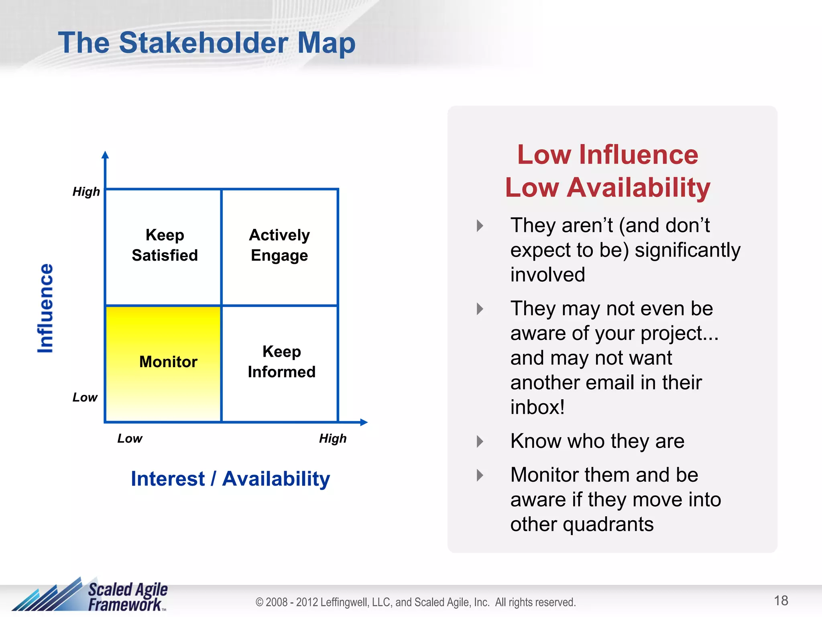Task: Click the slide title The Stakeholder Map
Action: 207,43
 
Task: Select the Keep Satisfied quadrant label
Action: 165,245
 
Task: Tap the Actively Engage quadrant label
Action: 279,245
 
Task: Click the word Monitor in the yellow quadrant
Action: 168,362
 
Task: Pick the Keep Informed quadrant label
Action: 281,362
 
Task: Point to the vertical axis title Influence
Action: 45,308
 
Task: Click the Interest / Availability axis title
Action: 230,479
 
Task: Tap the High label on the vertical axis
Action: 86,192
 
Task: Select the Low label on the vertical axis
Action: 85,397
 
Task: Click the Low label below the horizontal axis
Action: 130,438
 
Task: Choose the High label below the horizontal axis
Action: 333,438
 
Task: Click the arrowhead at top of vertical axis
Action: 105,155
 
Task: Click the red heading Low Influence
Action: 608,155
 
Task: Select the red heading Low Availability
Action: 608,188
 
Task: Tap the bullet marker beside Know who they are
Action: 480,441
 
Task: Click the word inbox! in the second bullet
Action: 537,407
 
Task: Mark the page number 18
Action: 781,601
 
